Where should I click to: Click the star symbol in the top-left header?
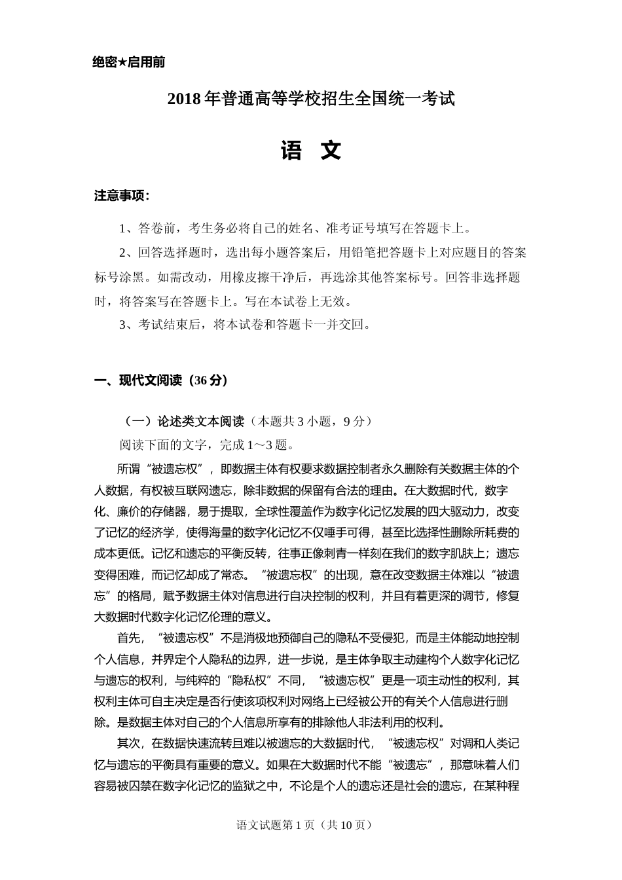pos(122,63)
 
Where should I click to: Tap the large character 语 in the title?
pos(291,151)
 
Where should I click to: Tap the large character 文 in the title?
pos(331,151)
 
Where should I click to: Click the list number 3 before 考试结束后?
pos(122,325)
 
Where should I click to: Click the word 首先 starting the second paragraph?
pos(128,638)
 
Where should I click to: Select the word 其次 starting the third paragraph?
pos(128,743)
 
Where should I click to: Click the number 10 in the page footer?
pos(346,825)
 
